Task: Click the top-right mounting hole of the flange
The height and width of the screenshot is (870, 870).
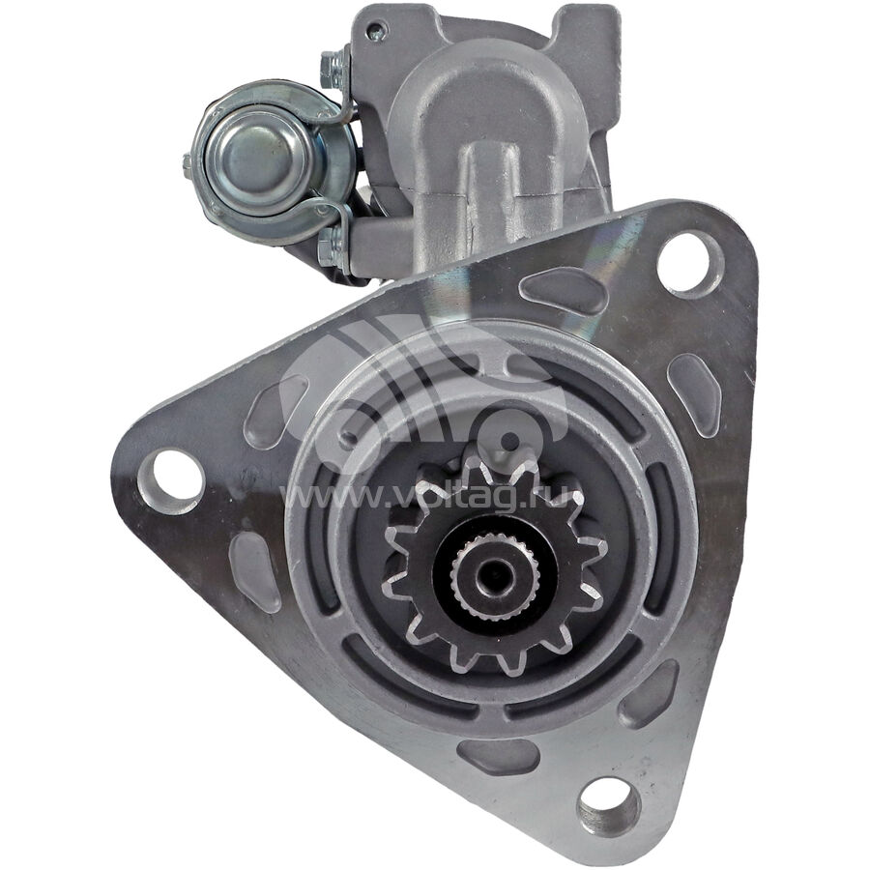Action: (x=683, y=264)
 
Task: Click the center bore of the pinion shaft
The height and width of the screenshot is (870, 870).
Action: (x=494, y=576)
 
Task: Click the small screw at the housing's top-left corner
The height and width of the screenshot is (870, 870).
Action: (x=376, y=32)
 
